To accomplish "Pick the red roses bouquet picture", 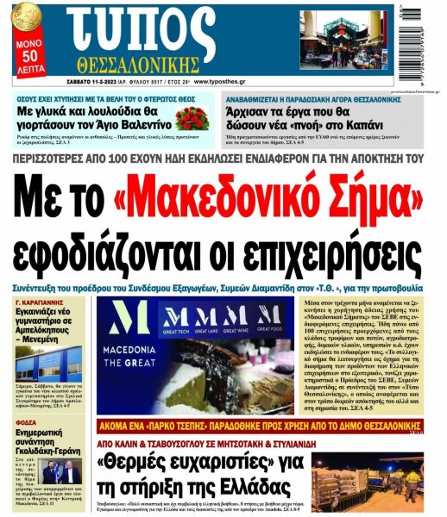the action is (191, 118).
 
